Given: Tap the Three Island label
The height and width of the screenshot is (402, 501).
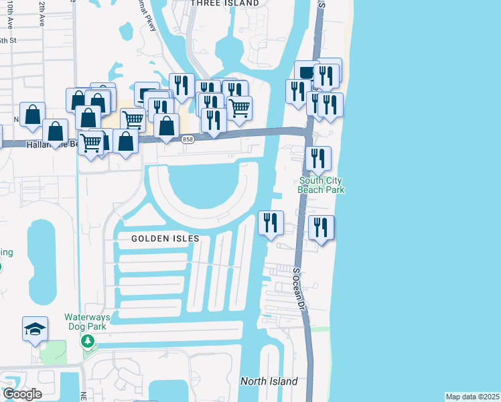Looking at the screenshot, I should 224,3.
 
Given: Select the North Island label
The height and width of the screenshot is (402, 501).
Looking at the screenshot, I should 269,381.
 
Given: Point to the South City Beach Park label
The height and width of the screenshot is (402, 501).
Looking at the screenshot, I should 321,185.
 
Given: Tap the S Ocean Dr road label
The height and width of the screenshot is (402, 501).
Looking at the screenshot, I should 298,288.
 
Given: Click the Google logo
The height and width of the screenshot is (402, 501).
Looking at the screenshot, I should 22,394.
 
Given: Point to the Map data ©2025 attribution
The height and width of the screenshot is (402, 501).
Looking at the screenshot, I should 472,397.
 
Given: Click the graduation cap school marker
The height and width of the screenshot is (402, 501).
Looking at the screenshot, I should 35,328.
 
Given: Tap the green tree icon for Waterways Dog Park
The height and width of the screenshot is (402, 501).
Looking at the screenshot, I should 87,341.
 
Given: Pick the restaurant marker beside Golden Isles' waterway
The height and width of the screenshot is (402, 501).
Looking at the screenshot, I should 271,222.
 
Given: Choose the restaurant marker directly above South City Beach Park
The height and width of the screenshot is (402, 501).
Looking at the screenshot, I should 318,158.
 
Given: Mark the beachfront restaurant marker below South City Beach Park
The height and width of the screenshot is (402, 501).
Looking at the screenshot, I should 321,227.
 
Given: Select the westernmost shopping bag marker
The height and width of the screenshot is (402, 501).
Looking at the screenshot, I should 32,115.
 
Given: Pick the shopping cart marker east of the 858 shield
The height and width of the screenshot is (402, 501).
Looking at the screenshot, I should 239,107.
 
